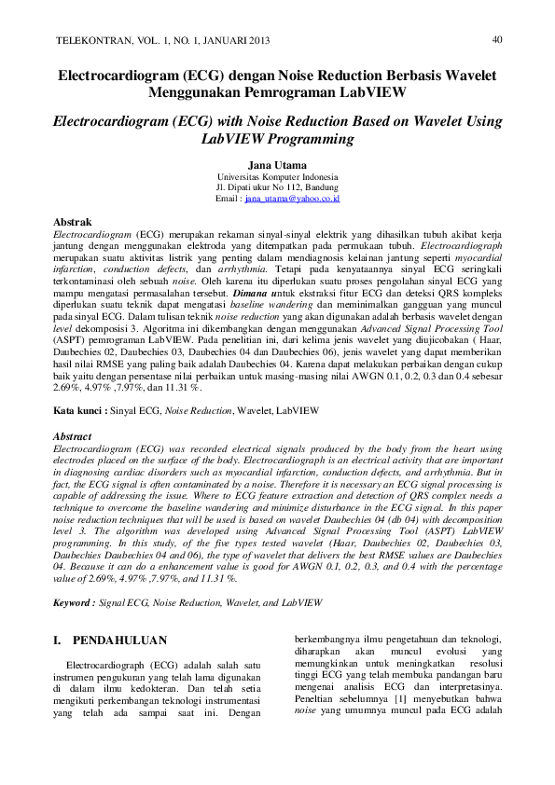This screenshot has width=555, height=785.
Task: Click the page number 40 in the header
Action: (497, 39)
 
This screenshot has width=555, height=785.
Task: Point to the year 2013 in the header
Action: (258, 42)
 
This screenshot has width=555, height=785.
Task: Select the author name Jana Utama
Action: (278, 165)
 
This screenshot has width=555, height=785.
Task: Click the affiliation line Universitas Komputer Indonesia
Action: (278, 177)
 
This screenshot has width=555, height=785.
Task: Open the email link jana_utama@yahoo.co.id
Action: (292, 199)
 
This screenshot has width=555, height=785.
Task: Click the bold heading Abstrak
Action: (72, 222)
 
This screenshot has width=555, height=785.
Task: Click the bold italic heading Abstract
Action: (73, 436)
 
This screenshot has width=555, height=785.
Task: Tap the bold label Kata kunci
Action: (79, 410)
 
